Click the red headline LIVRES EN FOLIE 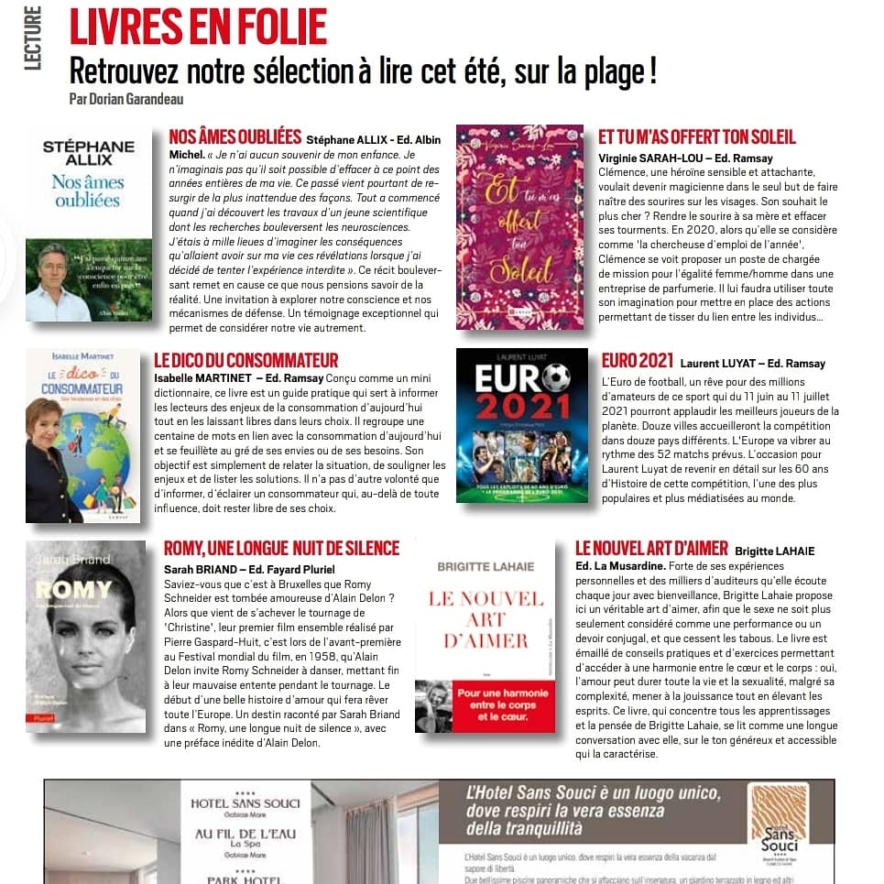[198, 27]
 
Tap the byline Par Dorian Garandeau [133, 98]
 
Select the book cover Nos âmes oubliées [82, 225]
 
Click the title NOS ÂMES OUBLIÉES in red [235, 137]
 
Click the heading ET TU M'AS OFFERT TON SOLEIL [696, 137]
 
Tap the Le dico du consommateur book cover [82, 435]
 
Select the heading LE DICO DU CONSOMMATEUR [246, 361]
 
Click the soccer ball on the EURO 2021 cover [555, 377]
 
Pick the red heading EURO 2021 [638, 361]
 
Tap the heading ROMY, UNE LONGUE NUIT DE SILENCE [281, 549]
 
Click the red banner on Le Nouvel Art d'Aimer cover [484, 703]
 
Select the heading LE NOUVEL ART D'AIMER [651, 549]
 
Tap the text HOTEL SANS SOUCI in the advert [245, 803]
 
